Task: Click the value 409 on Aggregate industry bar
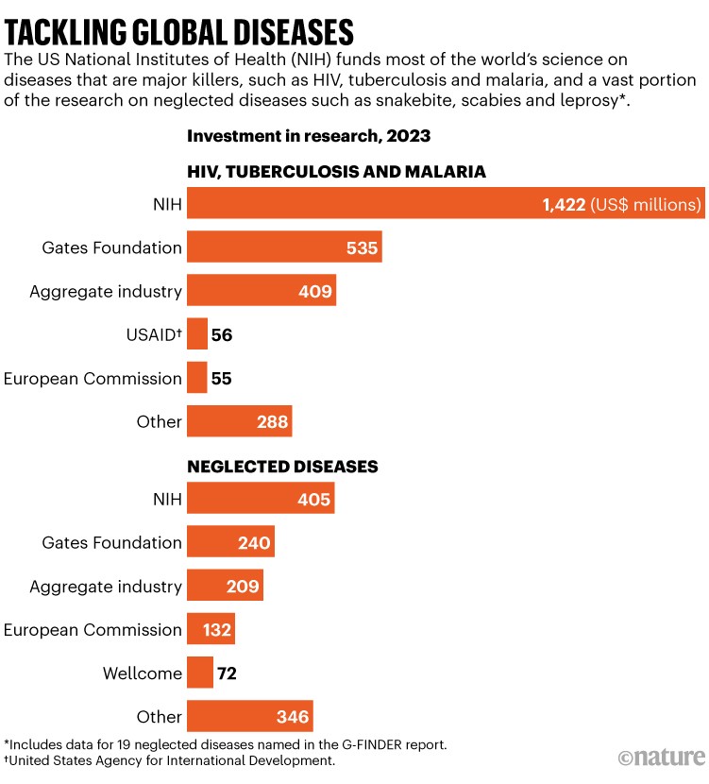click(x=314, y=291)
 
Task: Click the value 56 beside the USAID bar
click(x=222, y=334)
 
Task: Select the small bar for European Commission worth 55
click(x=196, y=378)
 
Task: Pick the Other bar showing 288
click(x=239, y=421)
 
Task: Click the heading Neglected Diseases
click(x=282, y=467)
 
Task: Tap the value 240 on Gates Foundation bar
click(x=254, y=542)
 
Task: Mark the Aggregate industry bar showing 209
click(x=225, y=586)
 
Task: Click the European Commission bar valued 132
click(x=211, y=629)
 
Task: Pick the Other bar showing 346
click(x=249, y=716)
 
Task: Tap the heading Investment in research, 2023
click(x=309, y=136)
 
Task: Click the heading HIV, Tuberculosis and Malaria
click(x=336, y=171)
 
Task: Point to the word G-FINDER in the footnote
click(x=346, y=743)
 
